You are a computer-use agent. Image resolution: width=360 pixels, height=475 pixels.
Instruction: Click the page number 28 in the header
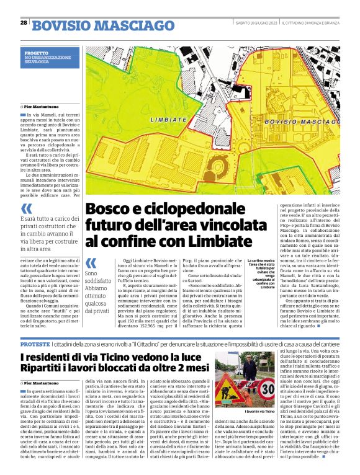coord(24,23)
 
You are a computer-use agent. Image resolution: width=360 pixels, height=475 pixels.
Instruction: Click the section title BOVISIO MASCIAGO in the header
coord(102,25)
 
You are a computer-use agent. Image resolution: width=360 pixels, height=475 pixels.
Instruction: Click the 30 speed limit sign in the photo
coord(268,389)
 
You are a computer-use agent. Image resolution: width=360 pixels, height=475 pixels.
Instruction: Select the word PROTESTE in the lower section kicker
coord(35,343)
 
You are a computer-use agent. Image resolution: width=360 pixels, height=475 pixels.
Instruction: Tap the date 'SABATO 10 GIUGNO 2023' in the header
coord(256,23)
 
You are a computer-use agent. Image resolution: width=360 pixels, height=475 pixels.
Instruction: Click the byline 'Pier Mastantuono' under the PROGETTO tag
coord(42,107)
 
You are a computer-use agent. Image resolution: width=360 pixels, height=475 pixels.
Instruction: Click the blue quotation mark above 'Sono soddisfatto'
coord(91,263)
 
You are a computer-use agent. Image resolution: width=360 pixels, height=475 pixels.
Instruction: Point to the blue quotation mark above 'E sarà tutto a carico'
coord(27,208)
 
